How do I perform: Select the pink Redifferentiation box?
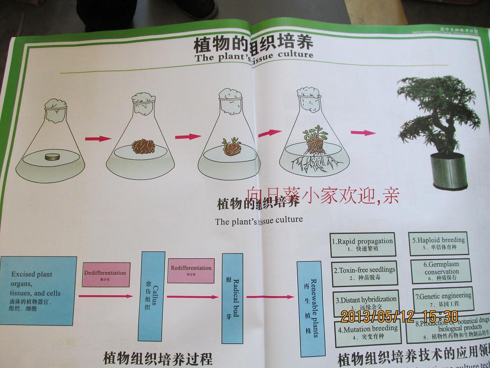point(191,270)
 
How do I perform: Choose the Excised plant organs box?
point(37,290)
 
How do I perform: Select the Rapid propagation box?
point(362,244)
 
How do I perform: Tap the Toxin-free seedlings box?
point(365,273)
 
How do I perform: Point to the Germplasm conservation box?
point(441,271)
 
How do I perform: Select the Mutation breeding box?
point(368,332)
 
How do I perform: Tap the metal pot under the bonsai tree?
point(448,172)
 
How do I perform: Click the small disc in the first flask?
point(54,157)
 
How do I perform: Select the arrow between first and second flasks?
point(98,139)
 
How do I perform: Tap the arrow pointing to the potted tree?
point(363,132)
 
